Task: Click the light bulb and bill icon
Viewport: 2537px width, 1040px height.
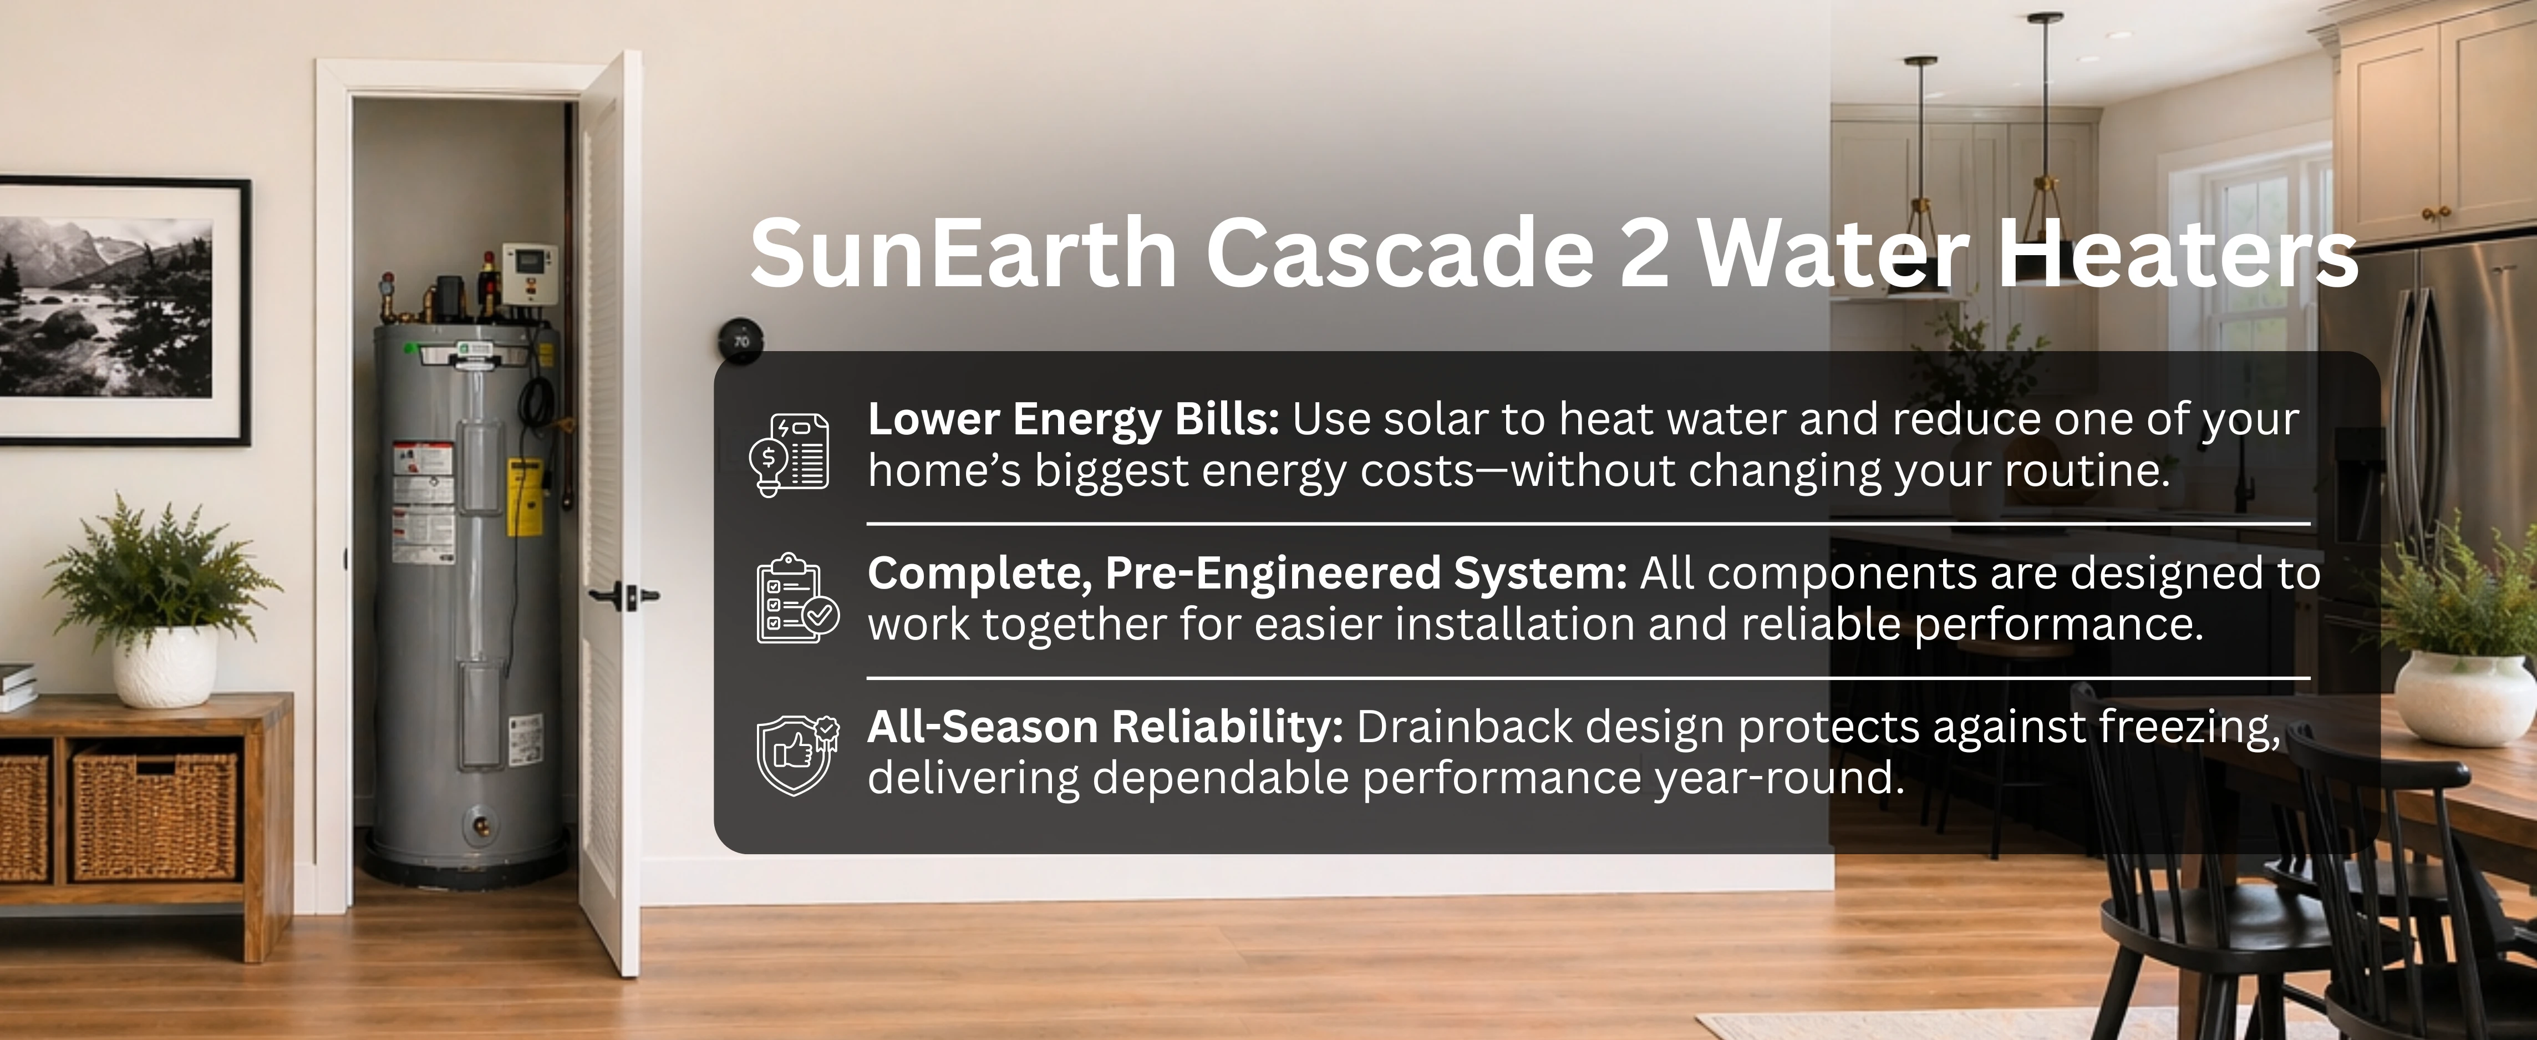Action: click(x=789, y=454)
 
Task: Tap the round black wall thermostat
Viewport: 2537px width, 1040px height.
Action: click(x=741, y=341)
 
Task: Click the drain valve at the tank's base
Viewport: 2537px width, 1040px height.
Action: click(x=481, y=823)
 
